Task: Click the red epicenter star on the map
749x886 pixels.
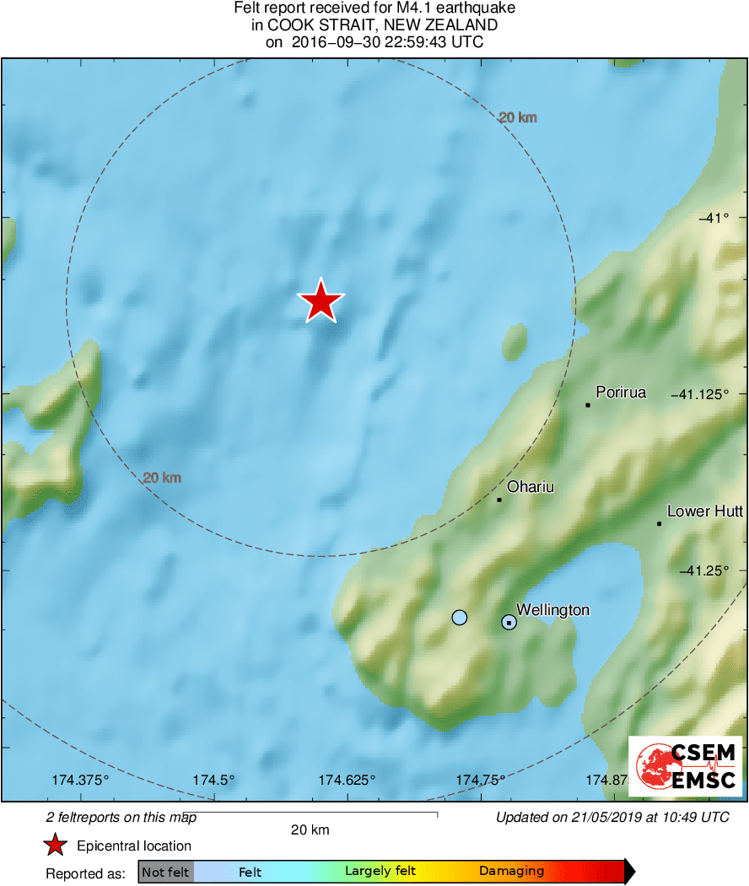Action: click(321, 301)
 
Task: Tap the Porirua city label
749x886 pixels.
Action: click(621, 392)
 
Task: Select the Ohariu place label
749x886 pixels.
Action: click(530, 487)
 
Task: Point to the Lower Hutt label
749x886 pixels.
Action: click(704, 511)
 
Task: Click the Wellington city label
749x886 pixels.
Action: click(552, 610)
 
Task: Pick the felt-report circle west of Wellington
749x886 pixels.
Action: click(459, 618)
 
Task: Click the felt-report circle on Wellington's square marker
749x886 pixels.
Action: click(509, 623)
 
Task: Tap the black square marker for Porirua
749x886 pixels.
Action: click(588, 405)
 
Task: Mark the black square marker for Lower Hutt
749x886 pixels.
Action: click(659, 524)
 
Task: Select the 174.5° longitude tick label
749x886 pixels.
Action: click(214, 781)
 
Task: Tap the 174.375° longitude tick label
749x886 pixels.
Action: click(81, 781)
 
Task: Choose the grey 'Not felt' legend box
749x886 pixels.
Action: click(165, 872)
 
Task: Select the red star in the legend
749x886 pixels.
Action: click(56, 845)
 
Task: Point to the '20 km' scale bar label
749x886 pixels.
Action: click(310, 829)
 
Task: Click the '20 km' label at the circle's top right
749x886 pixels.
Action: click(517, 118)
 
